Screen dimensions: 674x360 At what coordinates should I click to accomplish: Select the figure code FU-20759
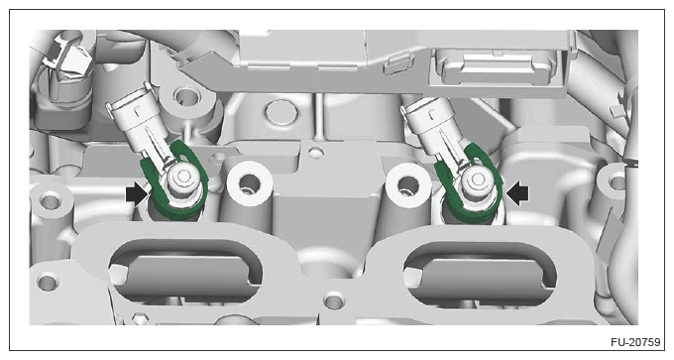(x=635, y=342)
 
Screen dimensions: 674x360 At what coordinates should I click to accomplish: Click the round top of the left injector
(x=183, y=176)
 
